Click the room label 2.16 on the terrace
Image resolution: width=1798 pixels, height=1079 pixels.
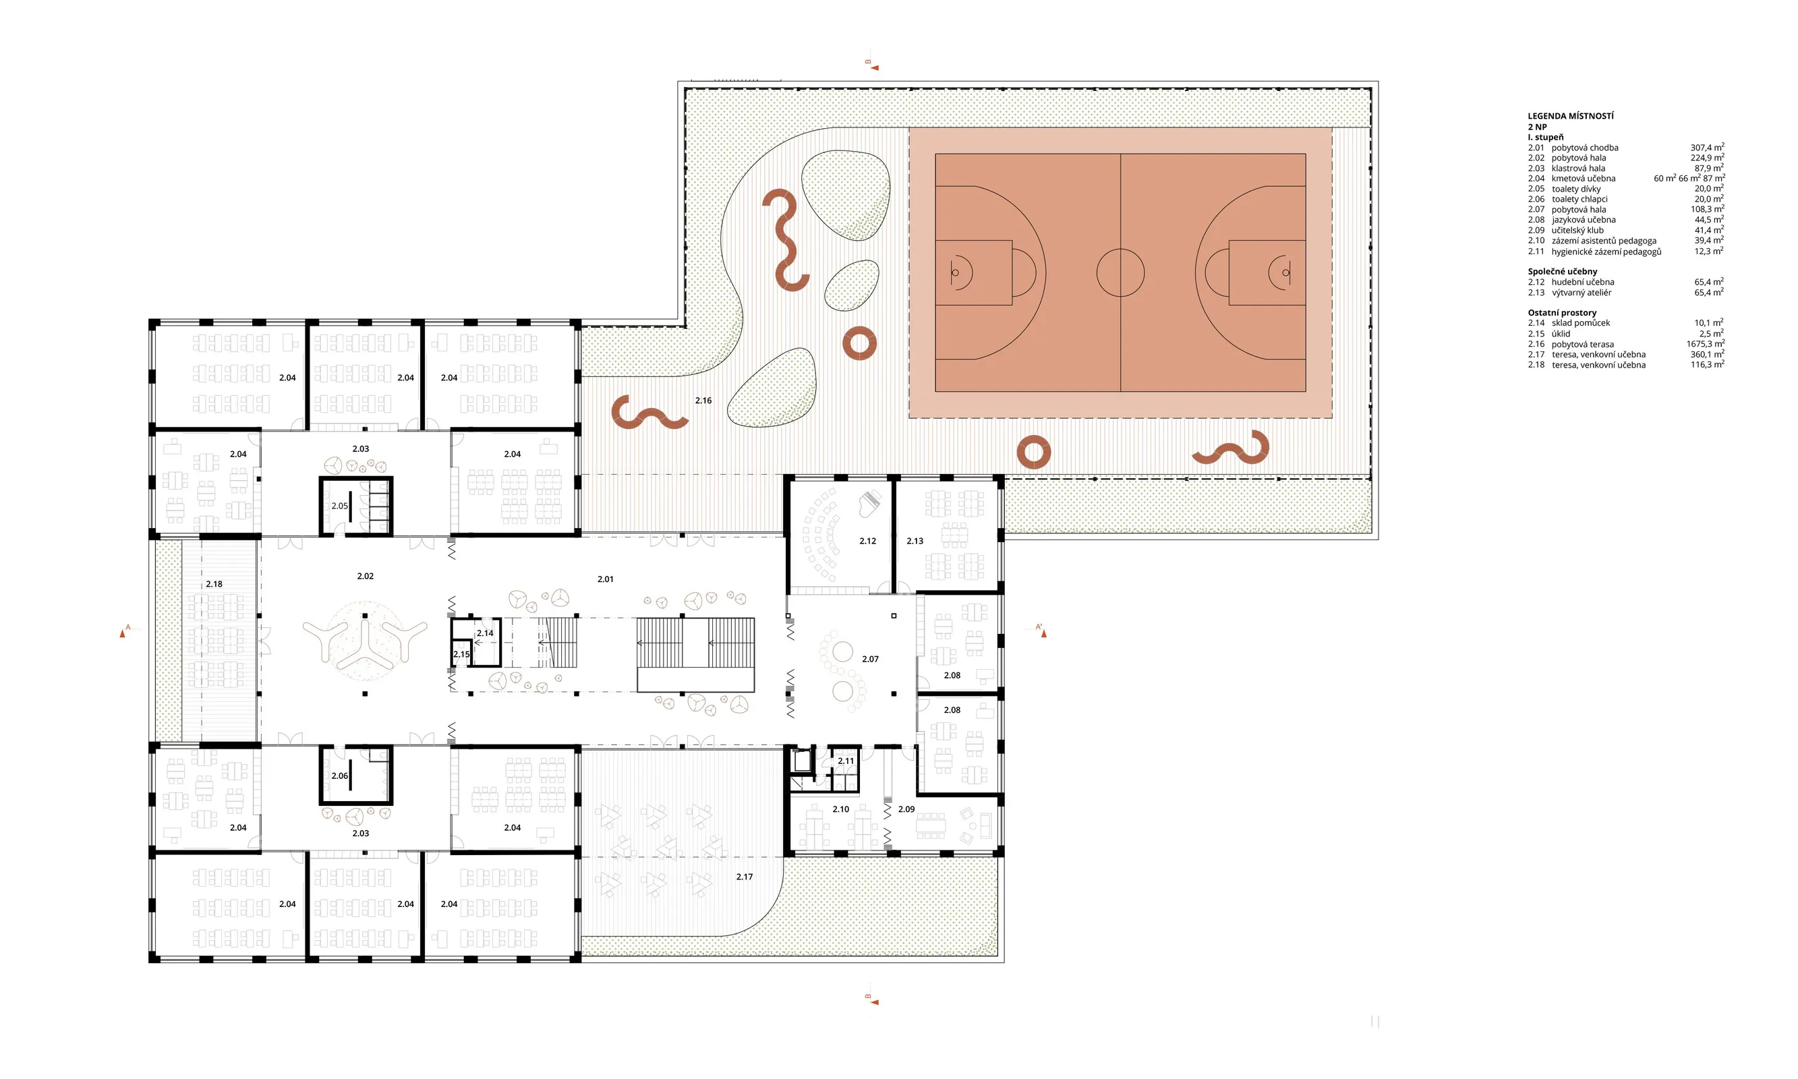pos(703,401)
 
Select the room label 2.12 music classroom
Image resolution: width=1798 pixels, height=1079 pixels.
pos(867,541)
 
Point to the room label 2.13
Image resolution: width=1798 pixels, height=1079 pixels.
pos(915,541)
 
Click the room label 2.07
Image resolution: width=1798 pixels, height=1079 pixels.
pos(870,659)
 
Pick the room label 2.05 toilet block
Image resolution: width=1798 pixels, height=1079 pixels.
pos(339,506)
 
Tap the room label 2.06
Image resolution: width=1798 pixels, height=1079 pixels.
pos(339,776)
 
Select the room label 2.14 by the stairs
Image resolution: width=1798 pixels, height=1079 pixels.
pos(485,633)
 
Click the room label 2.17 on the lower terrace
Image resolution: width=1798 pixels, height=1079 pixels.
pos(745,877)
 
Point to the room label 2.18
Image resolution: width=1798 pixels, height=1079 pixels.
pos(214,584)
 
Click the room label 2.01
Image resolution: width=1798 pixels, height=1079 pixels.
pos(606,579)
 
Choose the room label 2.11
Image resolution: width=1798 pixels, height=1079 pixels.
pos(846,761)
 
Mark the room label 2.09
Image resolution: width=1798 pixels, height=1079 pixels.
pos(906,809)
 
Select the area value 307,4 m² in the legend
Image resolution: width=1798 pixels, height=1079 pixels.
pos(1706,148)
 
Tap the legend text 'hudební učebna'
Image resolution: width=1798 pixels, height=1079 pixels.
pos(1583,282)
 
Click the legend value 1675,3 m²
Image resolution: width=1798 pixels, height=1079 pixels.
pos(1705,344)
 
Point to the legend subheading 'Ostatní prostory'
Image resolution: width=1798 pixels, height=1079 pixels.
pos(1563,313)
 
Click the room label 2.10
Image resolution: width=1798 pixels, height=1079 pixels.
pos(840,809)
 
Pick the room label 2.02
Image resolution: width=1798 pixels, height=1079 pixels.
pos(365,576)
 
